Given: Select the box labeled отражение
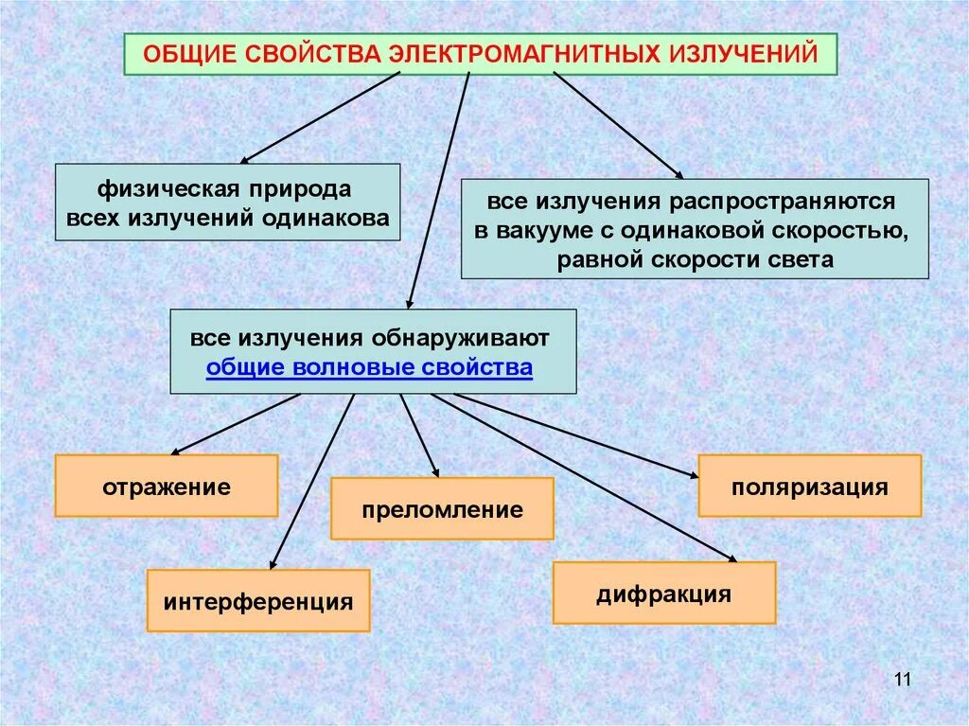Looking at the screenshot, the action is (167, 487).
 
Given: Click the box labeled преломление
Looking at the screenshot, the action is (442, 509).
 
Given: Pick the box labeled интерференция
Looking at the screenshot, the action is (258, 601).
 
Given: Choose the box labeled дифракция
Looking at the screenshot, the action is (664, 593).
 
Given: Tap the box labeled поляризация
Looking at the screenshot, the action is (809, 487).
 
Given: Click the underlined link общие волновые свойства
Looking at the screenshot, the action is (369, 367).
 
